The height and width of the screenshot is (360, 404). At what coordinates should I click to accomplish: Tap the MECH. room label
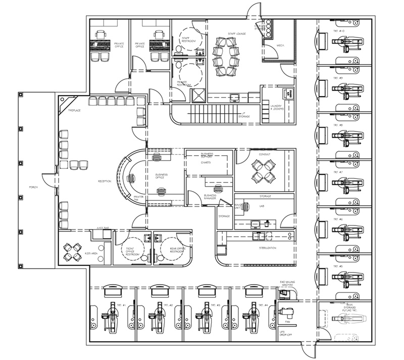[x=281, y=46]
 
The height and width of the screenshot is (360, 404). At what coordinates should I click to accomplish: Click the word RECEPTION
[x=105, y=181]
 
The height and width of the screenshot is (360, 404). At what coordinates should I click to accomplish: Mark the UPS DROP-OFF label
[x=285, y=334]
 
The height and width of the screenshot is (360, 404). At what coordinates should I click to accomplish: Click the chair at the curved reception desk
[x=132, y=178]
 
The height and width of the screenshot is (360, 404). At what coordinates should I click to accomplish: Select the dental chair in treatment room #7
[x=346, y=181]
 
